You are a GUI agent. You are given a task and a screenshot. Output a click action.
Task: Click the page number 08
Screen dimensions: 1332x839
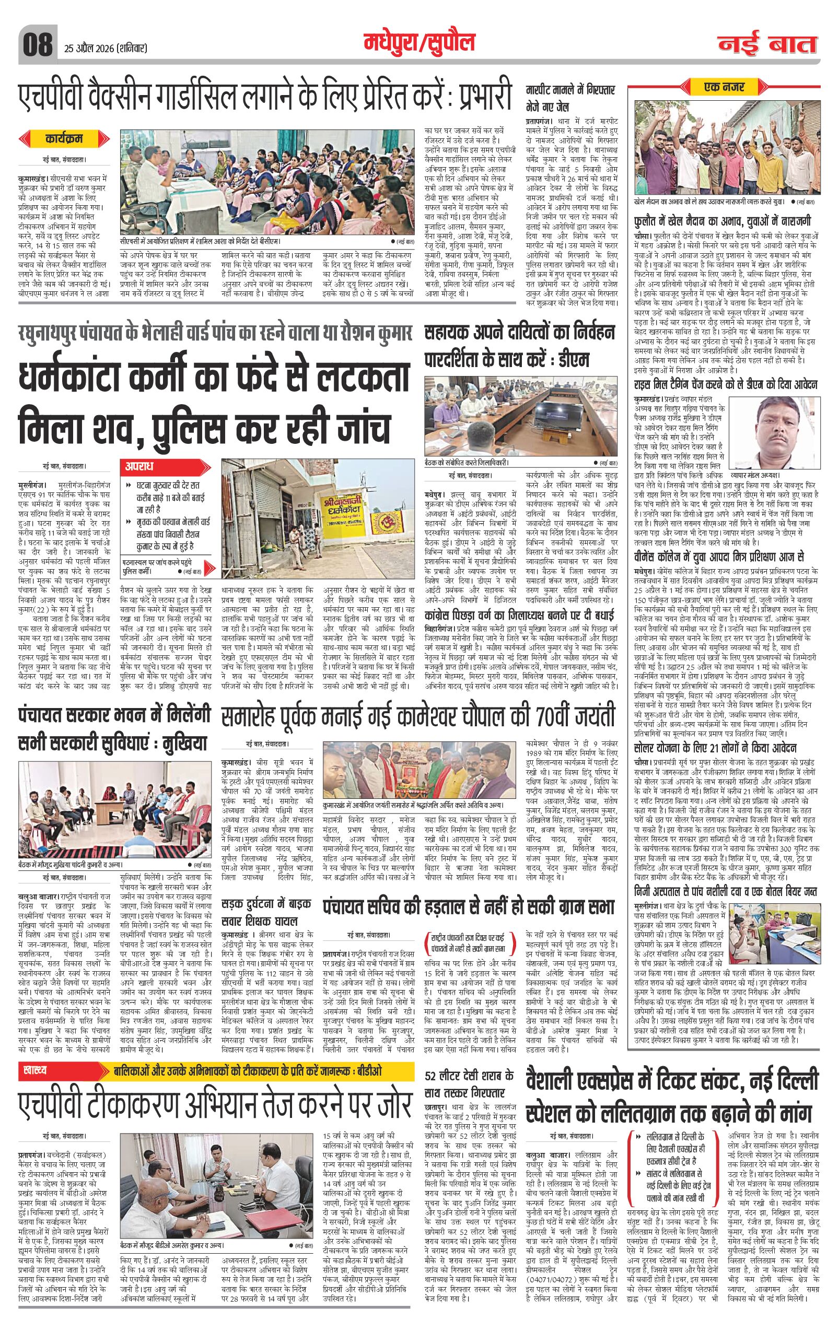tap(37, 45)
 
